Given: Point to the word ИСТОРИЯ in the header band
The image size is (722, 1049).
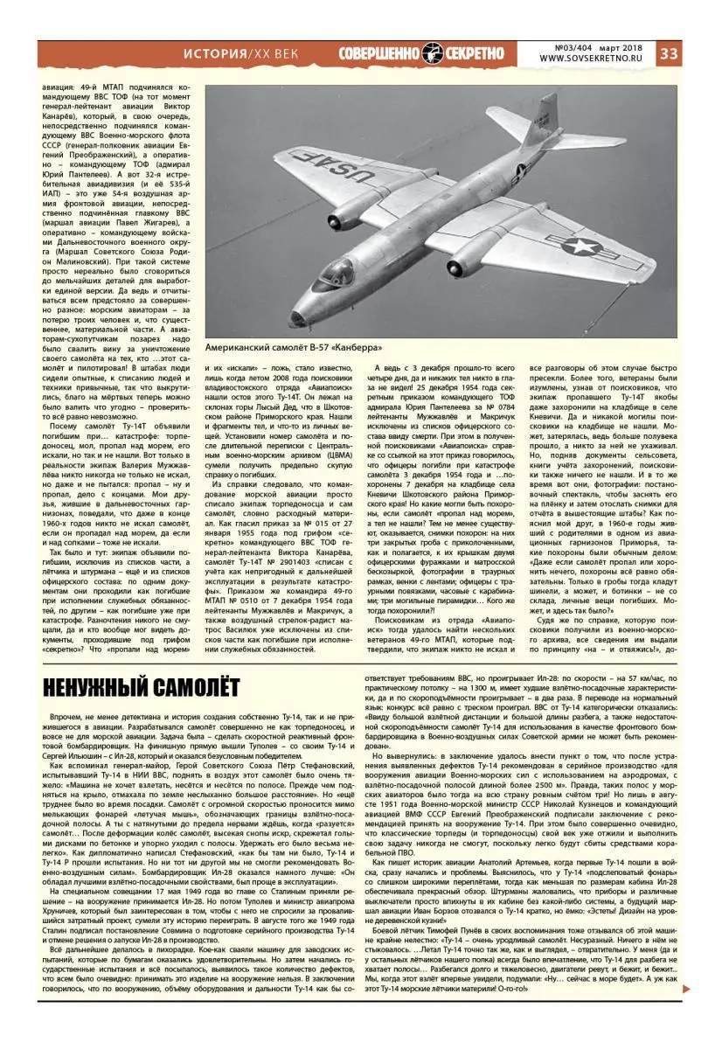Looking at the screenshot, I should pyautogui.click(x=216, y=54).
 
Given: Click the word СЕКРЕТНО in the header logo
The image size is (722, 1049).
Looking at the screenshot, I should pyautogui.click(x=476, y=53).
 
